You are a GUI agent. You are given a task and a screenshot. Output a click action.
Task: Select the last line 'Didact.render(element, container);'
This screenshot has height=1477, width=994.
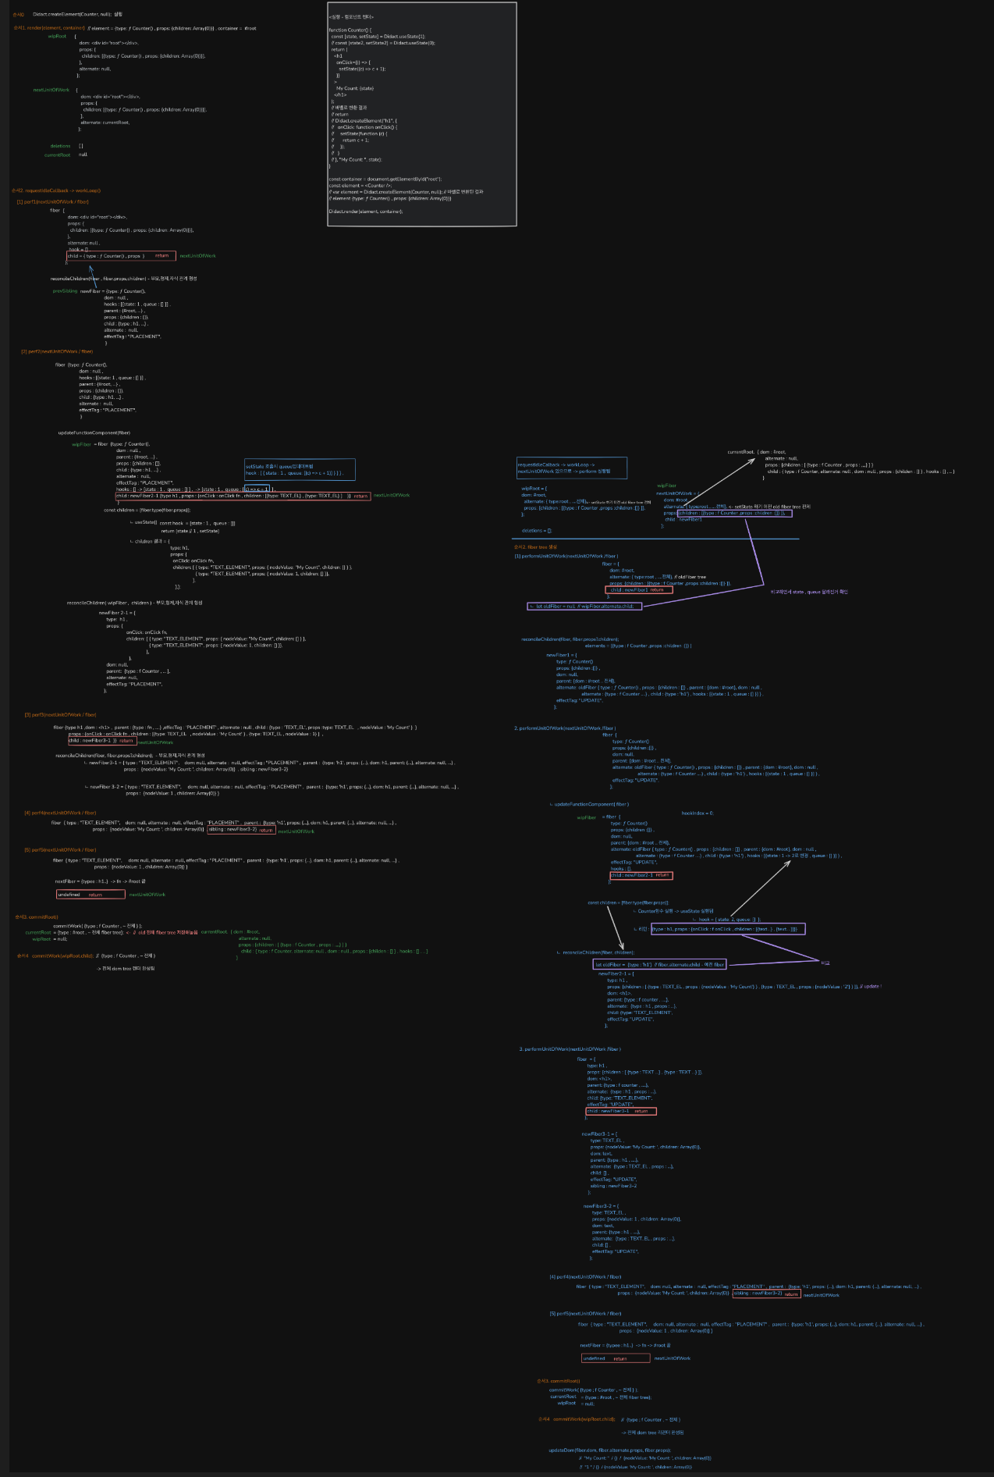pos(366,212)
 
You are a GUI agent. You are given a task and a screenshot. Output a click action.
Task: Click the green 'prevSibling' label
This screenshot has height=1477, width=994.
pos(65,291)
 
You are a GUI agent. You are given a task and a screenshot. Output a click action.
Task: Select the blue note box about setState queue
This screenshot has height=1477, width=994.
pos(300,469)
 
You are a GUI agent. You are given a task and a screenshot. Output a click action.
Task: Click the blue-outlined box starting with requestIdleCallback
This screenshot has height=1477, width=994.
pos(571,468)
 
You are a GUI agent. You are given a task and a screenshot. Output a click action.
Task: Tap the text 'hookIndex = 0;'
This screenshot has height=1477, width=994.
pos(697,813)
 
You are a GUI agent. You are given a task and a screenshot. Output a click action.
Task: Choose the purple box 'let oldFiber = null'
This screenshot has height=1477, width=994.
pos(584,606)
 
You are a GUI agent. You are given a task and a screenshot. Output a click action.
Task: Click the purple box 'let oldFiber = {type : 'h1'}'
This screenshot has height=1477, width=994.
pos(660,964)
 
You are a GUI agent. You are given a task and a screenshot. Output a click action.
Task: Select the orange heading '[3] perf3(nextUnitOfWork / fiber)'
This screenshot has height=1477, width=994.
pos(60,714)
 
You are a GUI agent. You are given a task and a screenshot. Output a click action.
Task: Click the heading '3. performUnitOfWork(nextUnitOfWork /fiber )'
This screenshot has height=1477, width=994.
pos(570,1049)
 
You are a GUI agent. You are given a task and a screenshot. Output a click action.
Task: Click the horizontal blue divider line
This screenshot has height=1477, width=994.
pos(655,539)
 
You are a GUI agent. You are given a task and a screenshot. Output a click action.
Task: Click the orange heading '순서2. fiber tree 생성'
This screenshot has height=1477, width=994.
pos(535,547)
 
